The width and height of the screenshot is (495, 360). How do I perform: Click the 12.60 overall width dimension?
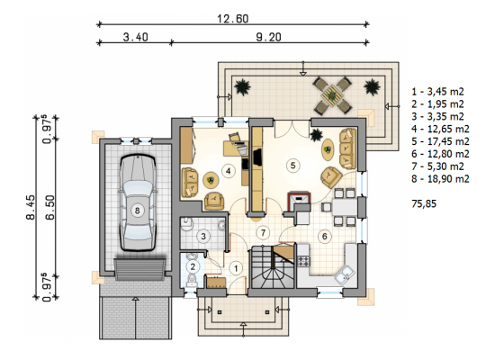233,19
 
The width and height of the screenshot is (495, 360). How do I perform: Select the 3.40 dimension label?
135,37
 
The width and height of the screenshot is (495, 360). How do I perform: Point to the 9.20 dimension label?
268,37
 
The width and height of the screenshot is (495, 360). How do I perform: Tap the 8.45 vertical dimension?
31,207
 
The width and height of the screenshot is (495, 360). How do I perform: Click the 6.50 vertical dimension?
49,207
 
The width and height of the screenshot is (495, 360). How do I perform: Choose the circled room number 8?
137,211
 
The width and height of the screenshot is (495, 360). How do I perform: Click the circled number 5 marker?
292,166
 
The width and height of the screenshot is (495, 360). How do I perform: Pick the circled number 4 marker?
228,171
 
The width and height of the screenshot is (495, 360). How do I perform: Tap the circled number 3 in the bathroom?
203,236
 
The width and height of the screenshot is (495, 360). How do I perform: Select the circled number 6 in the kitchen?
324,236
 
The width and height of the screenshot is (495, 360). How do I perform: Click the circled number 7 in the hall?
263,233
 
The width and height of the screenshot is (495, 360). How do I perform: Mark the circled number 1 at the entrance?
236,268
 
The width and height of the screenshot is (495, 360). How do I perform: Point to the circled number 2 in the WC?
193,266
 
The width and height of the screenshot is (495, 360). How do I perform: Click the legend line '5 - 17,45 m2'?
440,141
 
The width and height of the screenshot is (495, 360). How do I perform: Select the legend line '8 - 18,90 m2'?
440,179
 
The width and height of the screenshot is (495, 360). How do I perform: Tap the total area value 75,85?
424,203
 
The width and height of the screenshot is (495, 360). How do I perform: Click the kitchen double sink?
344,274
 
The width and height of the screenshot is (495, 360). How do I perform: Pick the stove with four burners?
303,262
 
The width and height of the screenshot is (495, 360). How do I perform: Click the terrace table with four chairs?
332,95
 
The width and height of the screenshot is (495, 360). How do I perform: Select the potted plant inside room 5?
316,136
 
